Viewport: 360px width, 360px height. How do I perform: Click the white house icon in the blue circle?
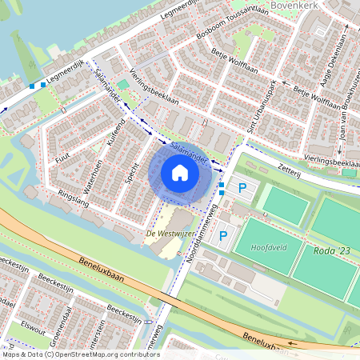point(179,172)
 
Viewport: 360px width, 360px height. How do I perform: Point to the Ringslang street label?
point(73,199)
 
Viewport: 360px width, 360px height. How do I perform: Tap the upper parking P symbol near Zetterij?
point(242,188)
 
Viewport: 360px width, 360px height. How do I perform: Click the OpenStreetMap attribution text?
point(80,354)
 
